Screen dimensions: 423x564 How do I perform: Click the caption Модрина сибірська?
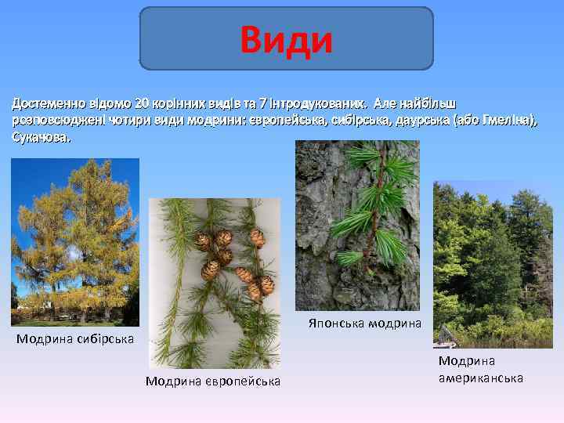tap(75, 339)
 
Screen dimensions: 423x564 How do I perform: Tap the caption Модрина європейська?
tap(213, 381)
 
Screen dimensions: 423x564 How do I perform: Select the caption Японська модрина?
tap(364, 323)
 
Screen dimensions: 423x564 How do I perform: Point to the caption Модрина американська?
tap(480, 369)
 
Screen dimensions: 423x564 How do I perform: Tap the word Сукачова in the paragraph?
tap(40, 137)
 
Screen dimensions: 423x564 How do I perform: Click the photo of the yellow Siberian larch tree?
tap(75, 241)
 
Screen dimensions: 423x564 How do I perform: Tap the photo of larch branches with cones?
tap(214, 282)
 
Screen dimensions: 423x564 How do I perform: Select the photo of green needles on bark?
tap(357, 226)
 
